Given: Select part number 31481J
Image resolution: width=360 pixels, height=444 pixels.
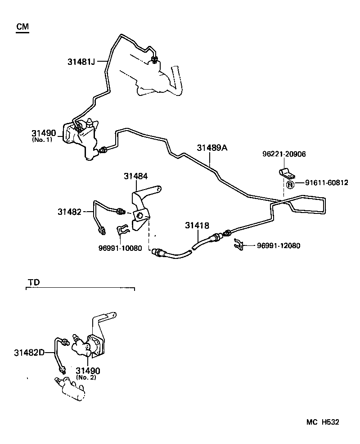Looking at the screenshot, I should coord(78,61).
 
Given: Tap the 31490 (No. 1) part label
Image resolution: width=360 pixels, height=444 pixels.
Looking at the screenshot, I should coord(44,134).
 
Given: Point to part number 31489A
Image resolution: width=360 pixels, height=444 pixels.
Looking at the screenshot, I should coord(212,148).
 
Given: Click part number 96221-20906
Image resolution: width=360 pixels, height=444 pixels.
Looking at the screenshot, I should coord(283,154).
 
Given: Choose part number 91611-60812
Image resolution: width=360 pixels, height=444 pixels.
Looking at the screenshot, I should coord(327,183).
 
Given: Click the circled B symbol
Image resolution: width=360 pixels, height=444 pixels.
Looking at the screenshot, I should coord(290,184).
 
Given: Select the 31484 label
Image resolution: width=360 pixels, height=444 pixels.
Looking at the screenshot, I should coord(136,177).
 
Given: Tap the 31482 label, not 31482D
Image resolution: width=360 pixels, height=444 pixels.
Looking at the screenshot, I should coord(69,211).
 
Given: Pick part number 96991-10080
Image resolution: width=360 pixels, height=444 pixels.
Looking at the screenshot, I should coord(120,248).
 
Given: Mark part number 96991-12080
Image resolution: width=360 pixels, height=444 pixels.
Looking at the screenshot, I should coord(279,246).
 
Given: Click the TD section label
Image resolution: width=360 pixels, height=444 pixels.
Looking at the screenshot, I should coord(34,282).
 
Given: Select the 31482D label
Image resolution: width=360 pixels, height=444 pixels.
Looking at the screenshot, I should coord(29,352).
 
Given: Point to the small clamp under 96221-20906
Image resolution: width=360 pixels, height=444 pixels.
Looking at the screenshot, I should coord(284,173).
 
